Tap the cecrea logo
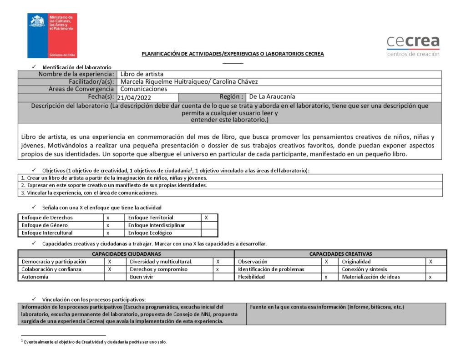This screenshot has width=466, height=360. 413,46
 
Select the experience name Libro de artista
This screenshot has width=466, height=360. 142,74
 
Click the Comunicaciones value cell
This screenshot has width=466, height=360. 143,89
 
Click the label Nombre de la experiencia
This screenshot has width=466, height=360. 75,74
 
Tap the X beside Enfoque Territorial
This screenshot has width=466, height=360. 207,218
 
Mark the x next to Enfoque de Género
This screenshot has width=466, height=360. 108,225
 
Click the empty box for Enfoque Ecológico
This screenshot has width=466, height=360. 209,233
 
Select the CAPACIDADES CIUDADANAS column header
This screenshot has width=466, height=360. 126,254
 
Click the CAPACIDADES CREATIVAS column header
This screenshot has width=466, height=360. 340,254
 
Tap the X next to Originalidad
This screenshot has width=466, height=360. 431,262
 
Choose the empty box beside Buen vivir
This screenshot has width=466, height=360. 223,277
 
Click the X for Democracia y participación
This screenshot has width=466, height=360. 110,262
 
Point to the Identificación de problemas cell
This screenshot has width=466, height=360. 271,269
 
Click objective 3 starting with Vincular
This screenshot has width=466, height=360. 89,193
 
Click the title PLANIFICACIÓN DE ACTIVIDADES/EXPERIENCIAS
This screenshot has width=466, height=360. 233,54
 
